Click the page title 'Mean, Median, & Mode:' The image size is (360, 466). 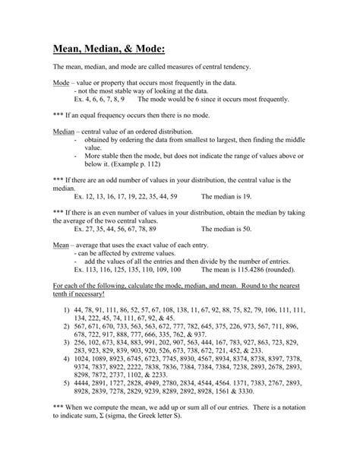tap(109, 49)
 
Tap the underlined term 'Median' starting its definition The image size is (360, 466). tap(64, 131)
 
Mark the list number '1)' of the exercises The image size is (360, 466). tap(67, 312)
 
